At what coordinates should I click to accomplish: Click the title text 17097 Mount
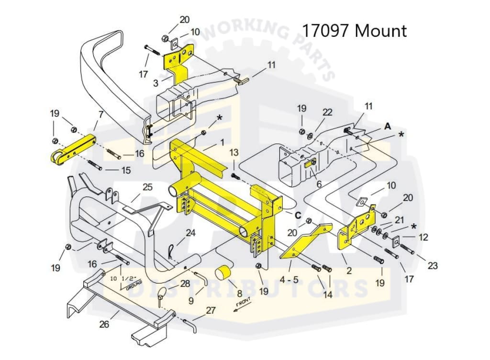click(354, 31)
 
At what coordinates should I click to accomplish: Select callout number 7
click(100, 115)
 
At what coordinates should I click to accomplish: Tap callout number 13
click(234, 153)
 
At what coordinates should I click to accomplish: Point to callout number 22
click(327, 112)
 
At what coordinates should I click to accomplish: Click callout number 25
click(147, 187)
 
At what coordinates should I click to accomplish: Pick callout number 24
click(190, 233)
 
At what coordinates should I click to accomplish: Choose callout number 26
click(104, 325)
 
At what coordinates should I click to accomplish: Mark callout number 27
click(211, 310)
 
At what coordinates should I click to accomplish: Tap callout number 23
click(433, 266)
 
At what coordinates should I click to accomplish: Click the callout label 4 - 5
click(290, 279)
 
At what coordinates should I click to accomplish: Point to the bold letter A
click(387, 126)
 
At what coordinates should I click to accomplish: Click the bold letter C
click(298, 215)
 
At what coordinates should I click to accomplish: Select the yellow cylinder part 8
click(222, 274)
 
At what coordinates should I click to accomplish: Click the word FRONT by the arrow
click(243, 304)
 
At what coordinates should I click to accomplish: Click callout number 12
click(423, 237)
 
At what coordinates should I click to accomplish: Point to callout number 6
click(319, 184)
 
